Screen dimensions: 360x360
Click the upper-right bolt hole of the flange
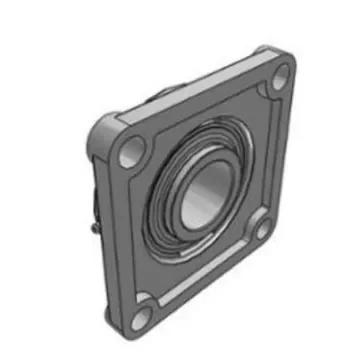tap(281, 72)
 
